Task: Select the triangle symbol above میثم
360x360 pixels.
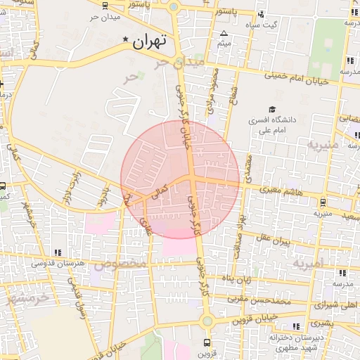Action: (224, 34)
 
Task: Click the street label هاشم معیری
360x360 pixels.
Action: (280, 190)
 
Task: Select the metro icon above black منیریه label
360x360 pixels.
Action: (322, 202)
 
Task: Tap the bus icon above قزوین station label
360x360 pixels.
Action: (206, 342)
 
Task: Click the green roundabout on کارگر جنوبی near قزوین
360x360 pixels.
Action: (207, 321)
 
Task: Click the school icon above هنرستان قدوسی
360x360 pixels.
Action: (58, 252)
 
